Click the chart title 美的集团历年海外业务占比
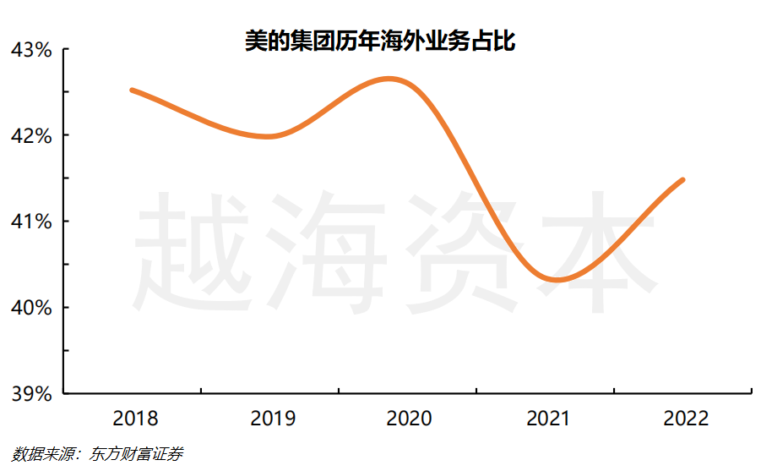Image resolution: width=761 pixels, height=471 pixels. point(380,40)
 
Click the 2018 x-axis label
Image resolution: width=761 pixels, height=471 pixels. point(134,419)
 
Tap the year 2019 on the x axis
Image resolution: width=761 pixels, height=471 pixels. point(272,419)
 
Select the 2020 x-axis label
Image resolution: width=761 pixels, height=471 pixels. point(409,419)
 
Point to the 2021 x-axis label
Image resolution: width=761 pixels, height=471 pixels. point(547,419)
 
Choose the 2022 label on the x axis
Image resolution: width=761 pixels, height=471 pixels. point(685,419)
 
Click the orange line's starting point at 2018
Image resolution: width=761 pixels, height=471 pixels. point(133,90)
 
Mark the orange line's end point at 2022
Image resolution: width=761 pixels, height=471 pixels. point(682,179)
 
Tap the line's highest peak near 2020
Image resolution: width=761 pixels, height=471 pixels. point(389,79)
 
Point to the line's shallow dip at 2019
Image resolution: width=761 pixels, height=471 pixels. point(269,136)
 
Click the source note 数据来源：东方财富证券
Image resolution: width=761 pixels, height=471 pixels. point(98,454)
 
